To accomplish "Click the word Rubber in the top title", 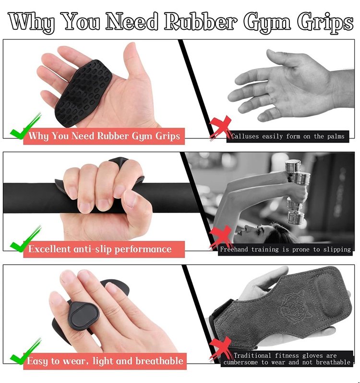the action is [201, 22].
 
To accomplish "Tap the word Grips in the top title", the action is [325, 23].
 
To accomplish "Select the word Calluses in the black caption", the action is [245, 136].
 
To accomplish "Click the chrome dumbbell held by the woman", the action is [296, 191].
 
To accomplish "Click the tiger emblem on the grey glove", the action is [296, 305].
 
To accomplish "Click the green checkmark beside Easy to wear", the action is [25, 352].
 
